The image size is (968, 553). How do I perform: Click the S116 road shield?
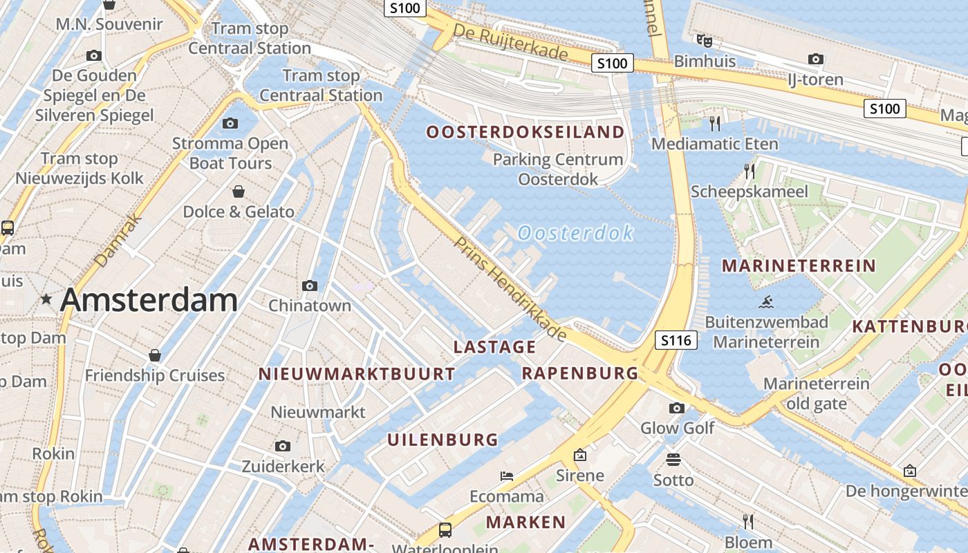(676, 340)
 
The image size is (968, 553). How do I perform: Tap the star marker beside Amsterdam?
(46, 299)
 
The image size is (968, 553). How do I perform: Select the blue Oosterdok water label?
(575, 233)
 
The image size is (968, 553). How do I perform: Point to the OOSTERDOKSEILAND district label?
(525, 132)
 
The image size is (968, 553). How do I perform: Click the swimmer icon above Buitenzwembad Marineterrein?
(766, 302)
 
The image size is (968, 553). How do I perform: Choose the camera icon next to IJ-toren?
(816, 59)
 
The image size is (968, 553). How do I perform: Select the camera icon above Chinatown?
(310, 285)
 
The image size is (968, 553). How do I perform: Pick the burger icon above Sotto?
(673, 460)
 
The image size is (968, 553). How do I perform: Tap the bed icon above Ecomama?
(507, 476)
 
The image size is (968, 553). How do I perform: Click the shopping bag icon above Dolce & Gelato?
(239, 191)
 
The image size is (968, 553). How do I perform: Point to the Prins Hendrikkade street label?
(510, 289)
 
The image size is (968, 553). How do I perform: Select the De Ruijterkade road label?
(510, 41)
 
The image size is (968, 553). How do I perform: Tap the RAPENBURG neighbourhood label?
(579, 373)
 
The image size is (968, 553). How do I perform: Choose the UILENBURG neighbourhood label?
(443, 440)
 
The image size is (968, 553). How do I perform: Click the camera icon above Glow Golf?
(677, 408)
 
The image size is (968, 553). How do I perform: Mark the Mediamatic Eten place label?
(715, 144)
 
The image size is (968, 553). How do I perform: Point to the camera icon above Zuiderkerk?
(282, 447)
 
